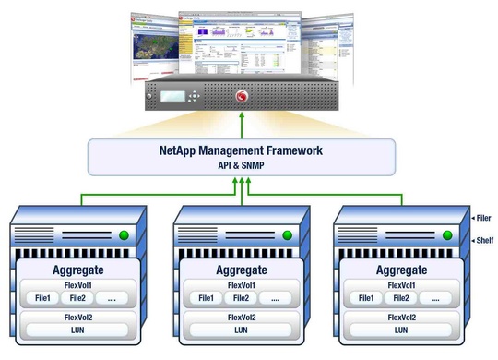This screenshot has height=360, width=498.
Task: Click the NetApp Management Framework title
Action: [x=242, y=150]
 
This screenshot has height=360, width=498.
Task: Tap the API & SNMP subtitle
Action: [x=242, y=165]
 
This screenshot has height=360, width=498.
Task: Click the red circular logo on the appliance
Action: [x=243, y=94]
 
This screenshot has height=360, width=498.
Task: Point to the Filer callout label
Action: [x=481, y=218]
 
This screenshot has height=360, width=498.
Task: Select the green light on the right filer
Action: [x=447, y=234]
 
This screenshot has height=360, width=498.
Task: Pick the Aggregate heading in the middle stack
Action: [x=242, y=270]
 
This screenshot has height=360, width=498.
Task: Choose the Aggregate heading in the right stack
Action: [x=403, y=270]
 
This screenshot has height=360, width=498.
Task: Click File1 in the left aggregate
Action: [x=42, y=298]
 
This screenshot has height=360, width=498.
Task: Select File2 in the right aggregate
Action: [x=399, y=298]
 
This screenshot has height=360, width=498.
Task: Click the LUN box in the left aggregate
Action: [x=79, y=330]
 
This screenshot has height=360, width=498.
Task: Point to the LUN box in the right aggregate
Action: [x=403, y=330]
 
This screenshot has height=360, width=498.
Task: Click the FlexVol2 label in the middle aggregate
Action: [x=242, y=316]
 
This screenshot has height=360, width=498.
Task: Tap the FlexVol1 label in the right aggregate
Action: [x=403, y=284]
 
